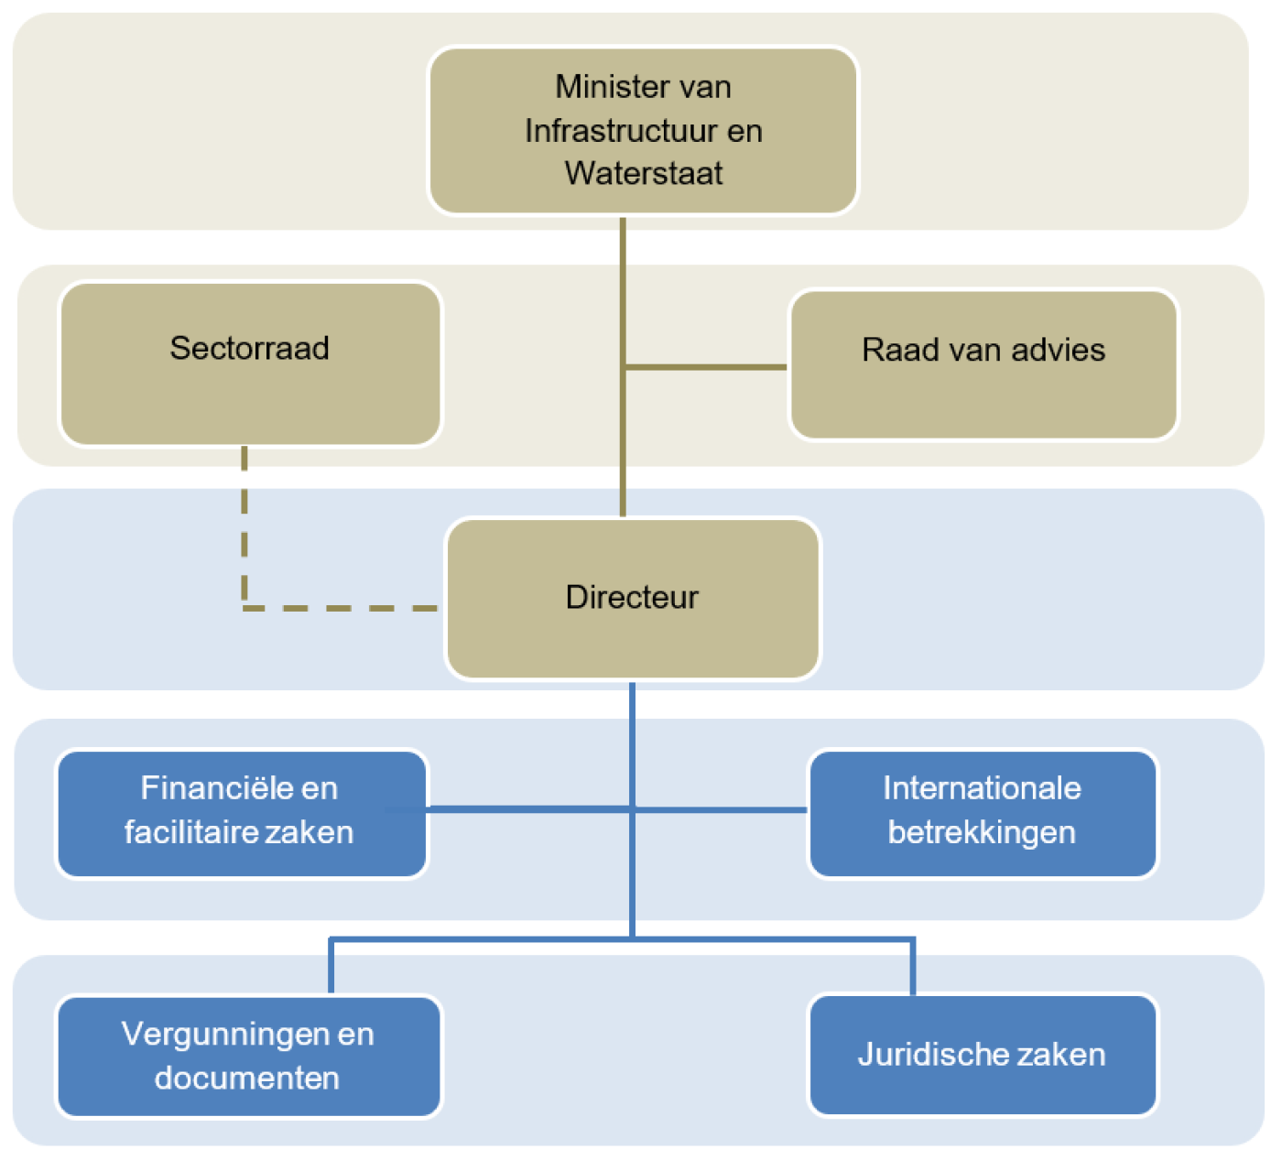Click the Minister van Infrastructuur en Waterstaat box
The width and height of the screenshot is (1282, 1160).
(x=643, y=131)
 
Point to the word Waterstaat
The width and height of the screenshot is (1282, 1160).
(x=644, y=173)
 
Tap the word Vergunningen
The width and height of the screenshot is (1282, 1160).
(x=226, y=1035)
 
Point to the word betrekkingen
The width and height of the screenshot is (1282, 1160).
(x=982, y=833)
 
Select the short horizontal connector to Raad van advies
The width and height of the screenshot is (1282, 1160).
(x=705, y=367)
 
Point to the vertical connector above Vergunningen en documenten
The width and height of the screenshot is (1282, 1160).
(x=331, y=967)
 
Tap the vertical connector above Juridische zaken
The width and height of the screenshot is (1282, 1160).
(x=913, y=967)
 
